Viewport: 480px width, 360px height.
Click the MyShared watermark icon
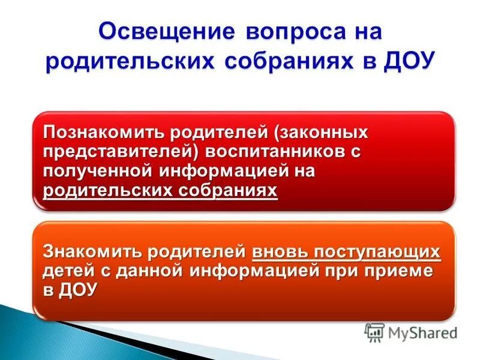375,332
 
